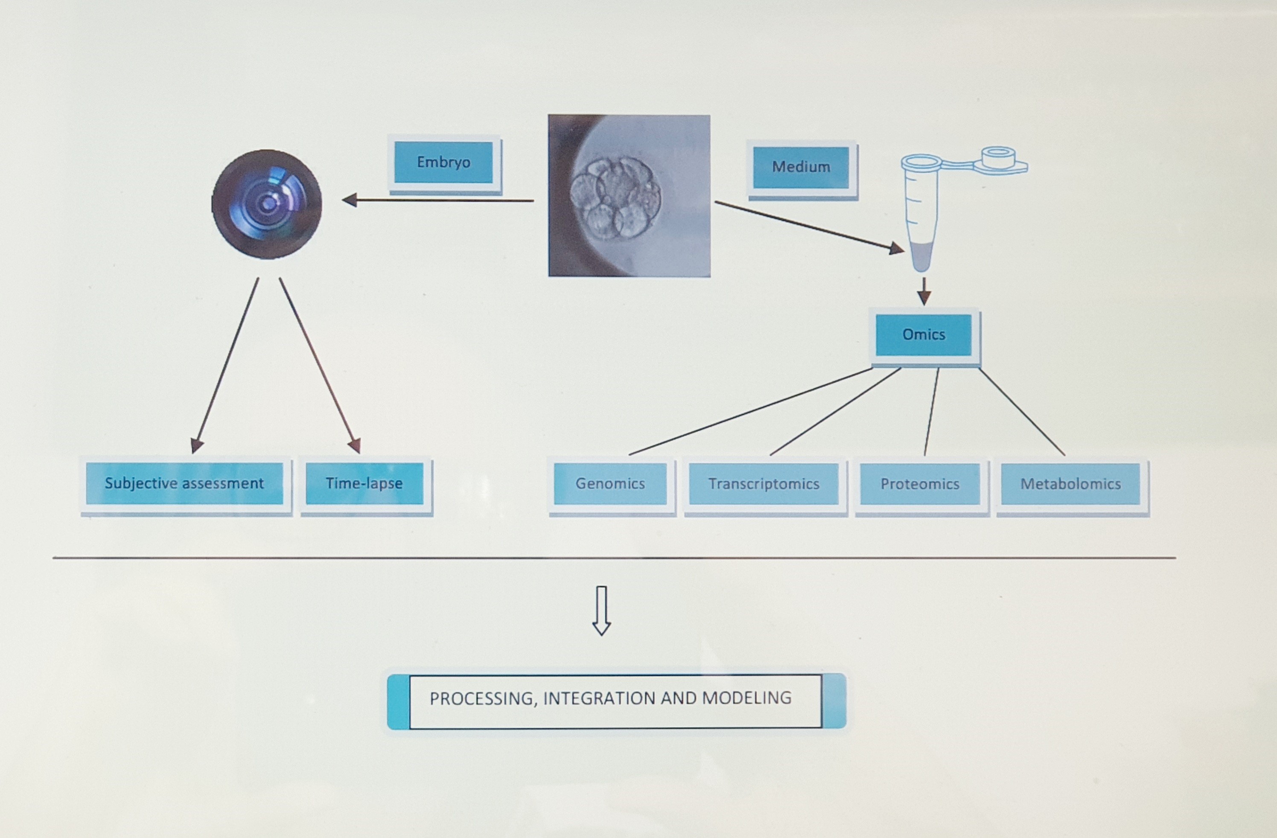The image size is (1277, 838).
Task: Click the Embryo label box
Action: point(443,163)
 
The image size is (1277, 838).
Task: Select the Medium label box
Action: point(801,167)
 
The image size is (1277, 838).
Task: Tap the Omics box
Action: point(924,335)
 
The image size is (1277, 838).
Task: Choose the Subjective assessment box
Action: point(184,483)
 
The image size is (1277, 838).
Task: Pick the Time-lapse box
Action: point(364,483)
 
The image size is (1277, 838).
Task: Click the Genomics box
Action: point(610,484)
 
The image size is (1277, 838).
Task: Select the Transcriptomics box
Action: point(764,484)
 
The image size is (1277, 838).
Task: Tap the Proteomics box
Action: point(920,484)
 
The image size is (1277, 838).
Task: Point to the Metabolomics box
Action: point(1070,484)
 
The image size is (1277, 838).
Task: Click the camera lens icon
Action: point(267,204)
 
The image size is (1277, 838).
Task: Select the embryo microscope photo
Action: point(629,196)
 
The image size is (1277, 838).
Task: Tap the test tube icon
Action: point(922,215)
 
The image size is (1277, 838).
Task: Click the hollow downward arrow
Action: point(601,611)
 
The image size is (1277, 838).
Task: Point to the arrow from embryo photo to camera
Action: point(437,201)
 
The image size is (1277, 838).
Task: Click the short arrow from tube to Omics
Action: point(924,291)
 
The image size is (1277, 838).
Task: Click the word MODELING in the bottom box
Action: point(746,698)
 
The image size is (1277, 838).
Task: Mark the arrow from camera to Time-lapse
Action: point(319,365)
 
